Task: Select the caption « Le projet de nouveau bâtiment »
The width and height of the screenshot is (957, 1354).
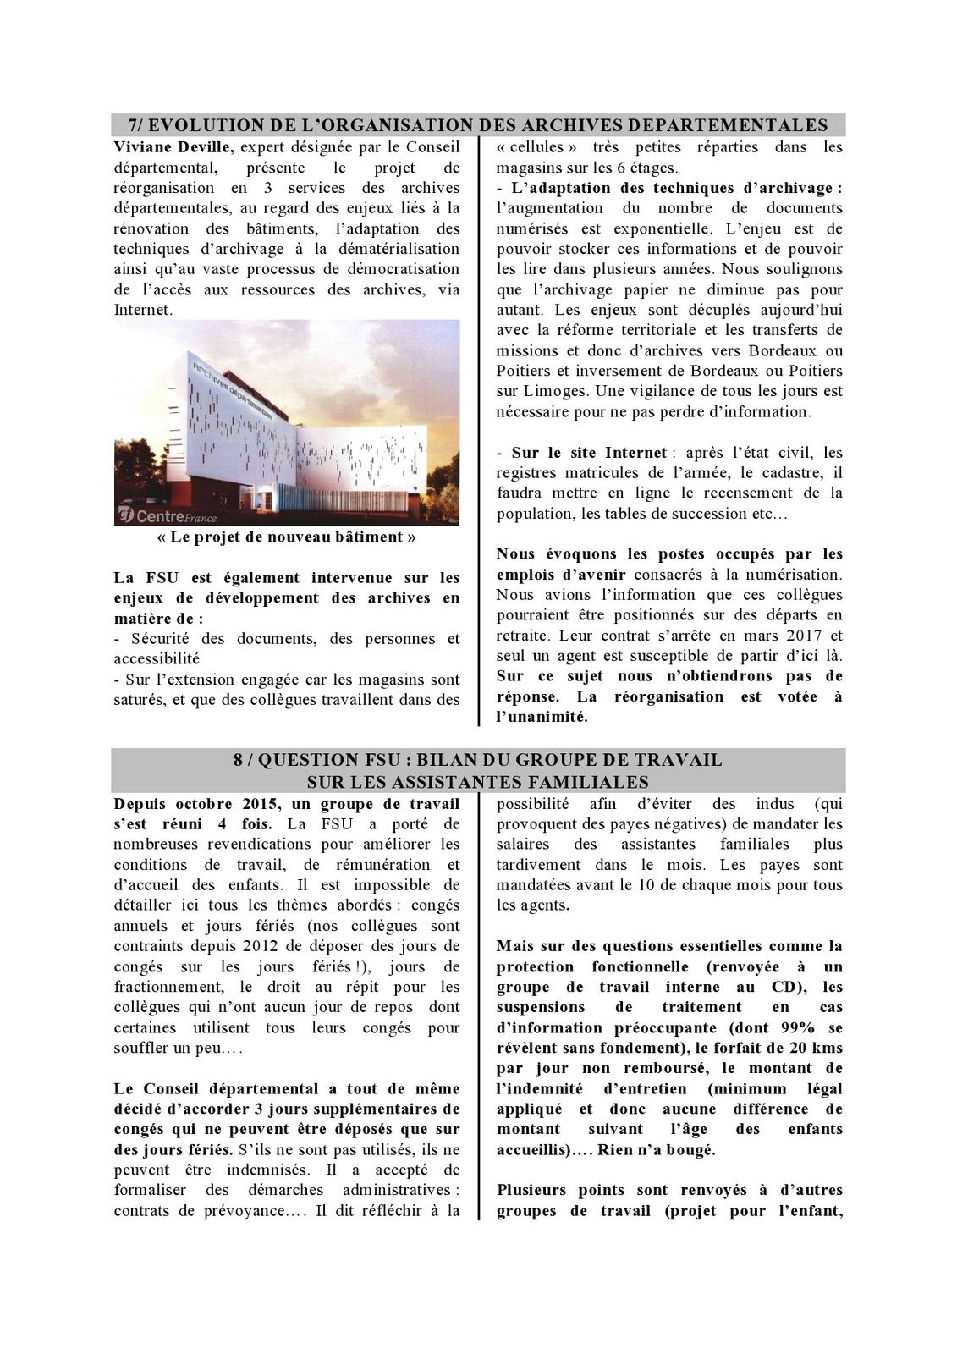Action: (287, 537)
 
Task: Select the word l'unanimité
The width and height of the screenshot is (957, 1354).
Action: (542, 717)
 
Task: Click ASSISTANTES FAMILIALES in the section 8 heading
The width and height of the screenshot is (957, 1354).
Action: (477, 781)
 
